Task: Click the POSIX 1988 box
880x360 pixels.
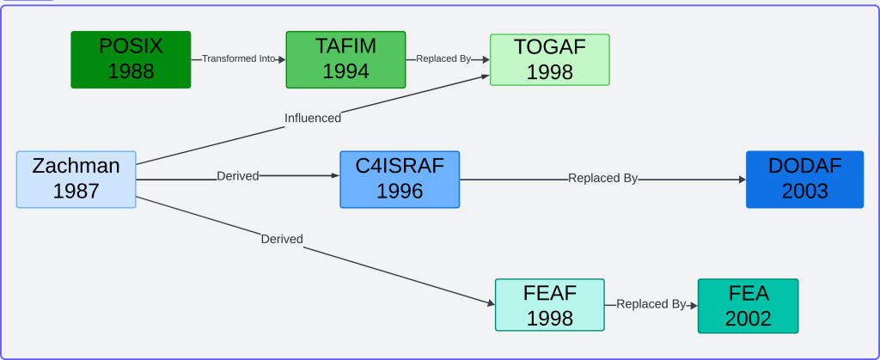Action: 131,59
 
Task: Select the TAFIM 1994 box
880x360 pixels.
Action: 345,59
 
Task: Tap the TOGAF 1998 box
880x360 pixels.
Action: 549,59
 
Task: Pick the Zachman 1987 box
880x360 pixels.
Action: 76,179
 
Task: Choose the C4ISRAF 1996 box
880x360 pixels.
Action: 400,179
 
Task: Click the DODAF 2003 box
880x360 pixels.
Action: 804,179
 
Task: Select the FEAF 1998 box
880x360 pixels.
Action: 549,305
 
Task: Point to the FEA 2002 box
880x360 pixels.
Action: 748,306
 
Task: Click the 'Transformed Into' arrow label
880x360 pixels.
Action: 238,59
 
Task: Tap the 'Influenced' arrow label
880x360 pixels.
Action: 313,118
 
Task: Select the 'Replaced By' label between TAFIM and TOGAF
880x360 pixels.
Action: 443,59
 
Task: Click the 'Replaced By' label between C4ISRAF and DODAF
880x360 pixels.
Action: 602,179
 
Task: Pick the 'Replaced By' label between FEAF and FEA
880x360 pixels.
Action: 651,304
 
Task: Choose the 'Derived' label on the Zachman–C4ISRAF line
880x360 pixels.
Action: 238,176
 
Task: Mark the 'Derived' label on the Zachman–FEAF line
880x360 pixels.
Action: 282,239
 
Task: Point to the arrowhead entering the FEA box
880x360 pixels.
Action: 693,305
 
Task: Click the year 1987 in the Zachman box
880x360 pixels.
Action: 76,191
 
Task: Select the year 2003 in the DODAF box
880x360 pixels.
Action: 804,191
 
